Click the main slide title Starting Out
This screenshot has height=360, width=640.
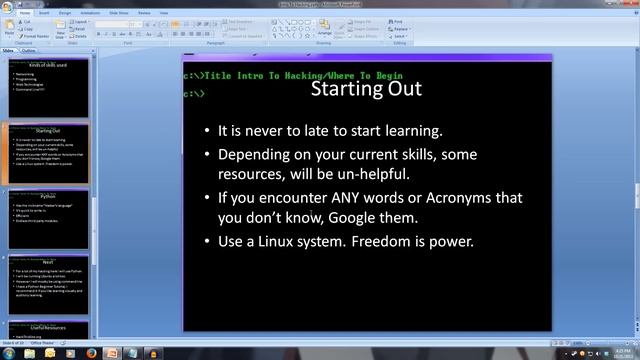coord(366,89)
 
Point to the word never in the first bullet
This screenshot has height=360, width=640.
coord(264,131)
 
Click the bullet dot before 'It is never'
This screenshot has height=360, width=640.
coord(206,131)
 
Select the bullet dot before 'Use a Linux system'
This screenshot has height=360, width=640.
coord(206,242)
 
